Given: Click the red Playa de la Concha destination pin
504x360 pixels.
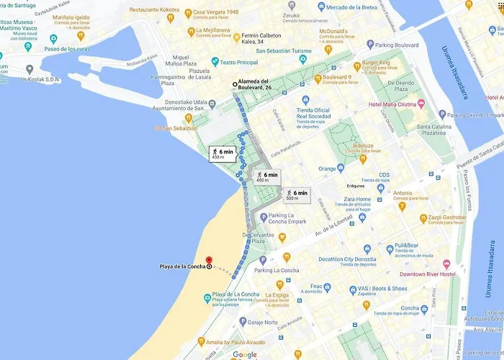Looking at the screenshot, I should (x=209, y=261).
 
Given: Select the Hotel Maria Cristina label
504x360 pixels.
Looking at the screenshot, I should (x=395, y=104).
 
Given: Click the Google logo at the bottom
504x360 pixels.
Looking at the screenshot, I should (x=245, y=354).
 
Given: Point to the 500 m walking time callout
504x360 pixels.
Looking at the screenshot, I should (x=297, y=194).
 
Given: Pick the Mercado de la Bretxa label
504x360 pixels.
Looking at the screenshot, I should (x=351, y=7).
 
